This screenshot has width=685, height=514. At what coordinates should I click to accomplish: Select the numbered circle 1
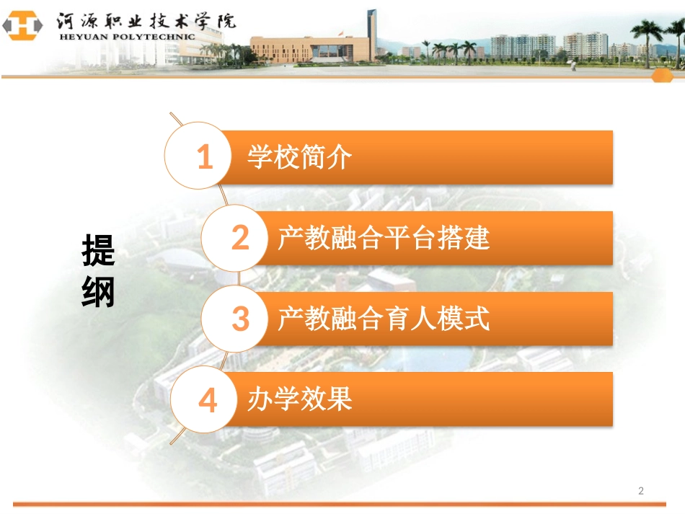pos(205,157)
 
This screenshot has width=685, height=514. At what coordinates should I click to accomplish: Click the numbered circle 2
pos(240,238)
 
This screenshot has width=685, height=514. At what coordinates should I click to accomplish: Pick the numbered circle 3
pos(240,319)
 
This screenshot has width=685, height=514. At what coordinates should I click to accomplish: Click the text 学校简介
pos(299,157)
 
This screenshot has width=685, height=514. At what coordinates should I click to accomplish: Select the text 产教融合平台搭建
pos(384,238)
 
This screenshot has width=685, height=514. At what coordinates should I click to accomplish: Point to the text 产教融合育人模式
pos(384,319)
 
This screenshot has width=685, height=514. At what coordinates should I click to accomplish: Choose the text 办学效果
pos(299,399)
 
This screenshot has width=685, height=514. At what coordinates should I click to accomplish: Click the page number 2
pos(641,491)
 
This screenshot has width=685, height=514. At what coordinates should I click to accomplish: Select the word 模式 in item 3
pos(472,319)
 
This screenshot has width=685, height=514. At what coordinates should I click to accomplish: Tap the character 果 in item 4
pos(340,399)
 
